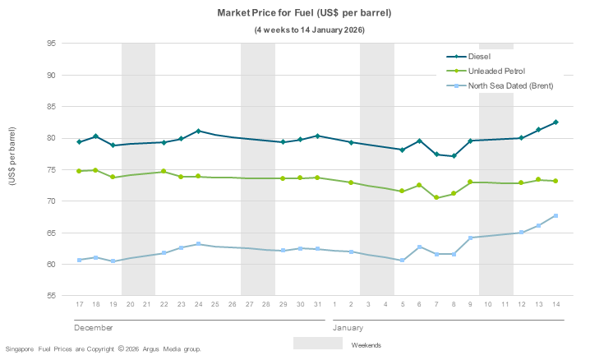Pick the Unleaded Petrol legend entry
pyautogui.click(x=496, y=72)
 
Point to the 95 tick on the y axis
pyautogui.click(x=50, y=44)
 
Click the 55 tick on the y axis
pyautogui.click(x=50, y=296)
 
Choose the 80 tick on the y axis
pyautogui.click(x=50, y=138)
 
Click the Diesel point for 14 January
pyautogui.click(x=556, y=122)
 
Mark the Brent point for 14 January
pyautogui.click(x=556, y=215)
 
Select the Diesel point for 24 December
pyautogui.click(x=198, y=131)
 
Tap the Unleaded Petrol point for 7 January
pyautogui.click(x=436, y=197)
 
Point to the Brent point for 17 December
pyautogui.click(x=80, y=260)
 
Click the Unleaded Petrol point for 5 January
pyautogui.click(x=403, y=192)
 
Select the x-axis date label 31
pyautogui.click(x=317, y=305)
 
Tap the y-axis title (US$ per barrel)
pyautogui.click(x=13, y=155)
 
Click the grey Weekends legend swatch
pyautogui.click(x=318, y=344)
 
